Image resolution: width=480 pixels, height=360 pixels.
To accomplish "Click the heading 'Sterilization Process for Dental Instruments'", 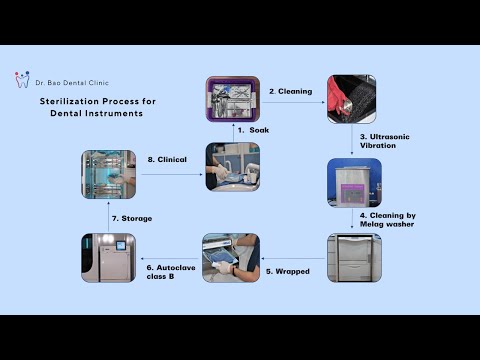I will tap(91, 107).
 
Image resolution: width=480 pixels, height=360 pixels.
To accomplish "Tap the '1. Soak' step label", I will tap(256, 130).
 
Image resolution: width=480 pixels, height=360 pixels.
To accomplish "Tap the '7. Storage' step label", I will tap(132, 219).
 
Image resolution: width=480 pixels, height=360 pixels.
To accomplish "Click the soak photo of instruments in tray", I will tap(232, 98).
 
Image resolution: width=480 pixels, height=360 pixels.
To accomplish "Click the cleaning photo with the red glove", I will tap(350, 98).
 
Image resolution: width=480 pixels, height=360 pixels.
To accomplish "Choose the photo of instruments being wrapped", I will tap(231, 257).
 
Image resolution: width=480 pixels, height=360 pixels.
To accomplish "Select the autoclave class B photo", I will tap(108, 257).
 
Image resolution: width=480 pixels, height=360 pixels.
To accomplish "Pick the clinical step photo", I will tap(233, 166).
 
